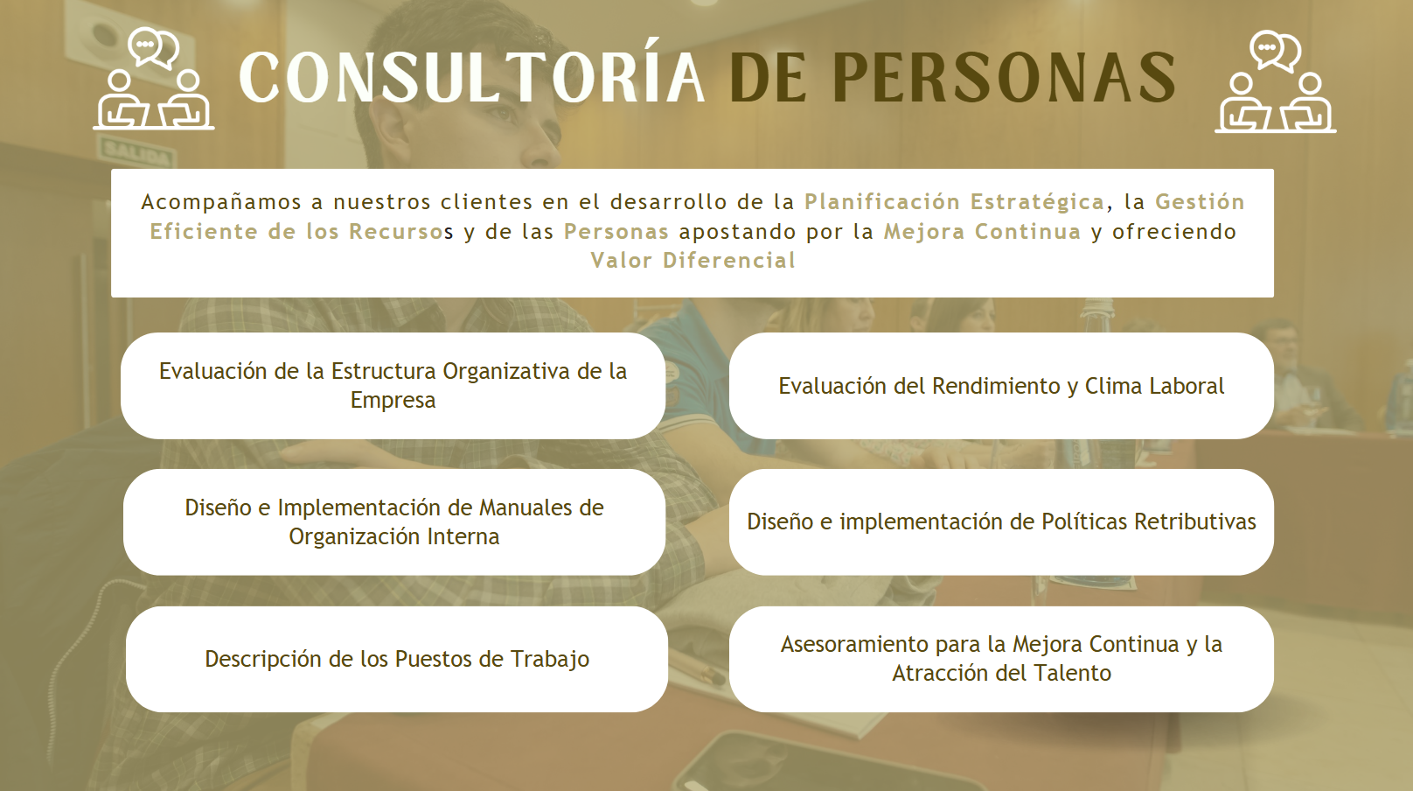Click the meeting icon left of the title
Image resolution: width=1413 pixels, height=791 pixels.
click(153, 78)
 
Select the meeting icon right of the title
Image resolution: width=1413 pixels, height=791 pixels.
click(1276, 80)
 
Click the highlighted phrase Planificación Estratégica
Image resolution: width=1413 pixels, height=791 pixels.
click(955, 202)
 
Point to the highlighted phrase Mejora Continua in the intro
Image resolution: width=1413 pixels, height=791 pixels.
click(982, 232)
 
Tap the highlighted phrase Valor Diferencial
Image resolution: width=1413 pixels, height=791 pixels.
click(693, 260)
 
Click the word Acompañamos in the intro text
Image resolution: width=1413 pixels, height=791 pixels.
click(221, 203)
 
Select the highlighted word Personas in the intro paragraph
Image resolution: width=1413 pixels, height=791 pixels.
click(616, 232)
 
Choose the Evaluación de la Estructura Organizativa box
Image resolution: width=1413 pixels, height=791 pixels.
click(393, 386)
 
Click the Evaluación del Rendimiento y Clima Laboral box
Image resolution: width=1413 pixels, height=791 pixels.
click(1001, 386)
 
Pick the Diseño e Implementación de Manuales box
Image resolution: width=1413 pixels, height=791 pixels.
click(394, 522)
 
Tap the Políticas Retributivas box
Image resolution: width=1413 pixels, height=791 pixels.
click(1001, 522)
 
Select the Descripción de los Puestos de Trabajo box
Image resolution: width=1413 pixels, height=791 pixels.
click(397, 659)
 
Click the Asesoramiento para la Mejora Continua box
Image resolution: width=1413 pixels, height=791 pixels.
click(1001, 659)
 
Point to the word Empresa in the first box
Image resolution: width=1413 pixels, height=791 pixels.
click(393, 401)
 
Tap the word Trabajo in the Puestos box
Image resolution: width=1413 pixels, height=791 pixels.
click(549, 660)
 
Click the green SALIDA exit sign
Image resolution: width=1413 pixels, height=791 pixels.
click(136, 153)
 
